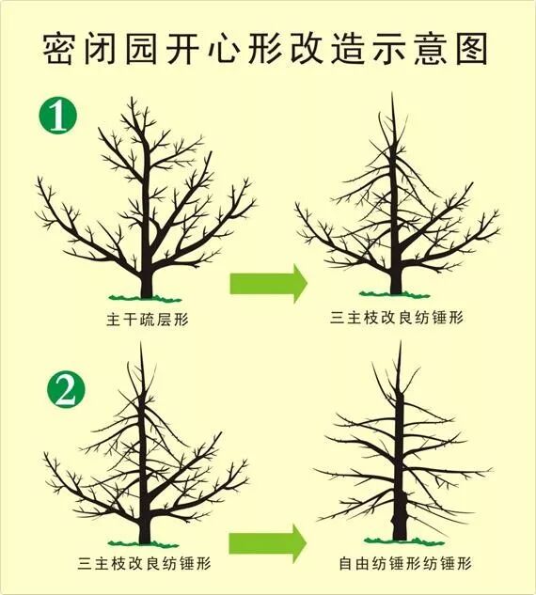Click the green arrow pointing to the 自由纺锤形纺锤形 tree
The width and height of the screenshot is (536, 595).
point(268,542)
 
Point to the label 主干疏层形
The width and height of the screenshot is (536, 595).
point(148,320)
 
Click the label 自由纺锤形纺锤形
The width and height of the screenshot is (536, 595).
point(404,565)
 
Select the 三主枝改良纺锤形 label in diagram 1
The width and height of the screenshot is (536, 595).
point(398,320)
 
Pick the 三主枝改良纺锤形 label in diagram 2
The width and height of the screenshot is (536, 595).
point(144,565)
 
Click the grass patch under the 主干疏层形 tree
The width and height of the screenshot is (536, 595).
point(146,296)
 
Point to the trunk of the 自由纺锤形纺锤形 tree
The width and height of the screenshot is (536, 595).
point(400,508)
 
